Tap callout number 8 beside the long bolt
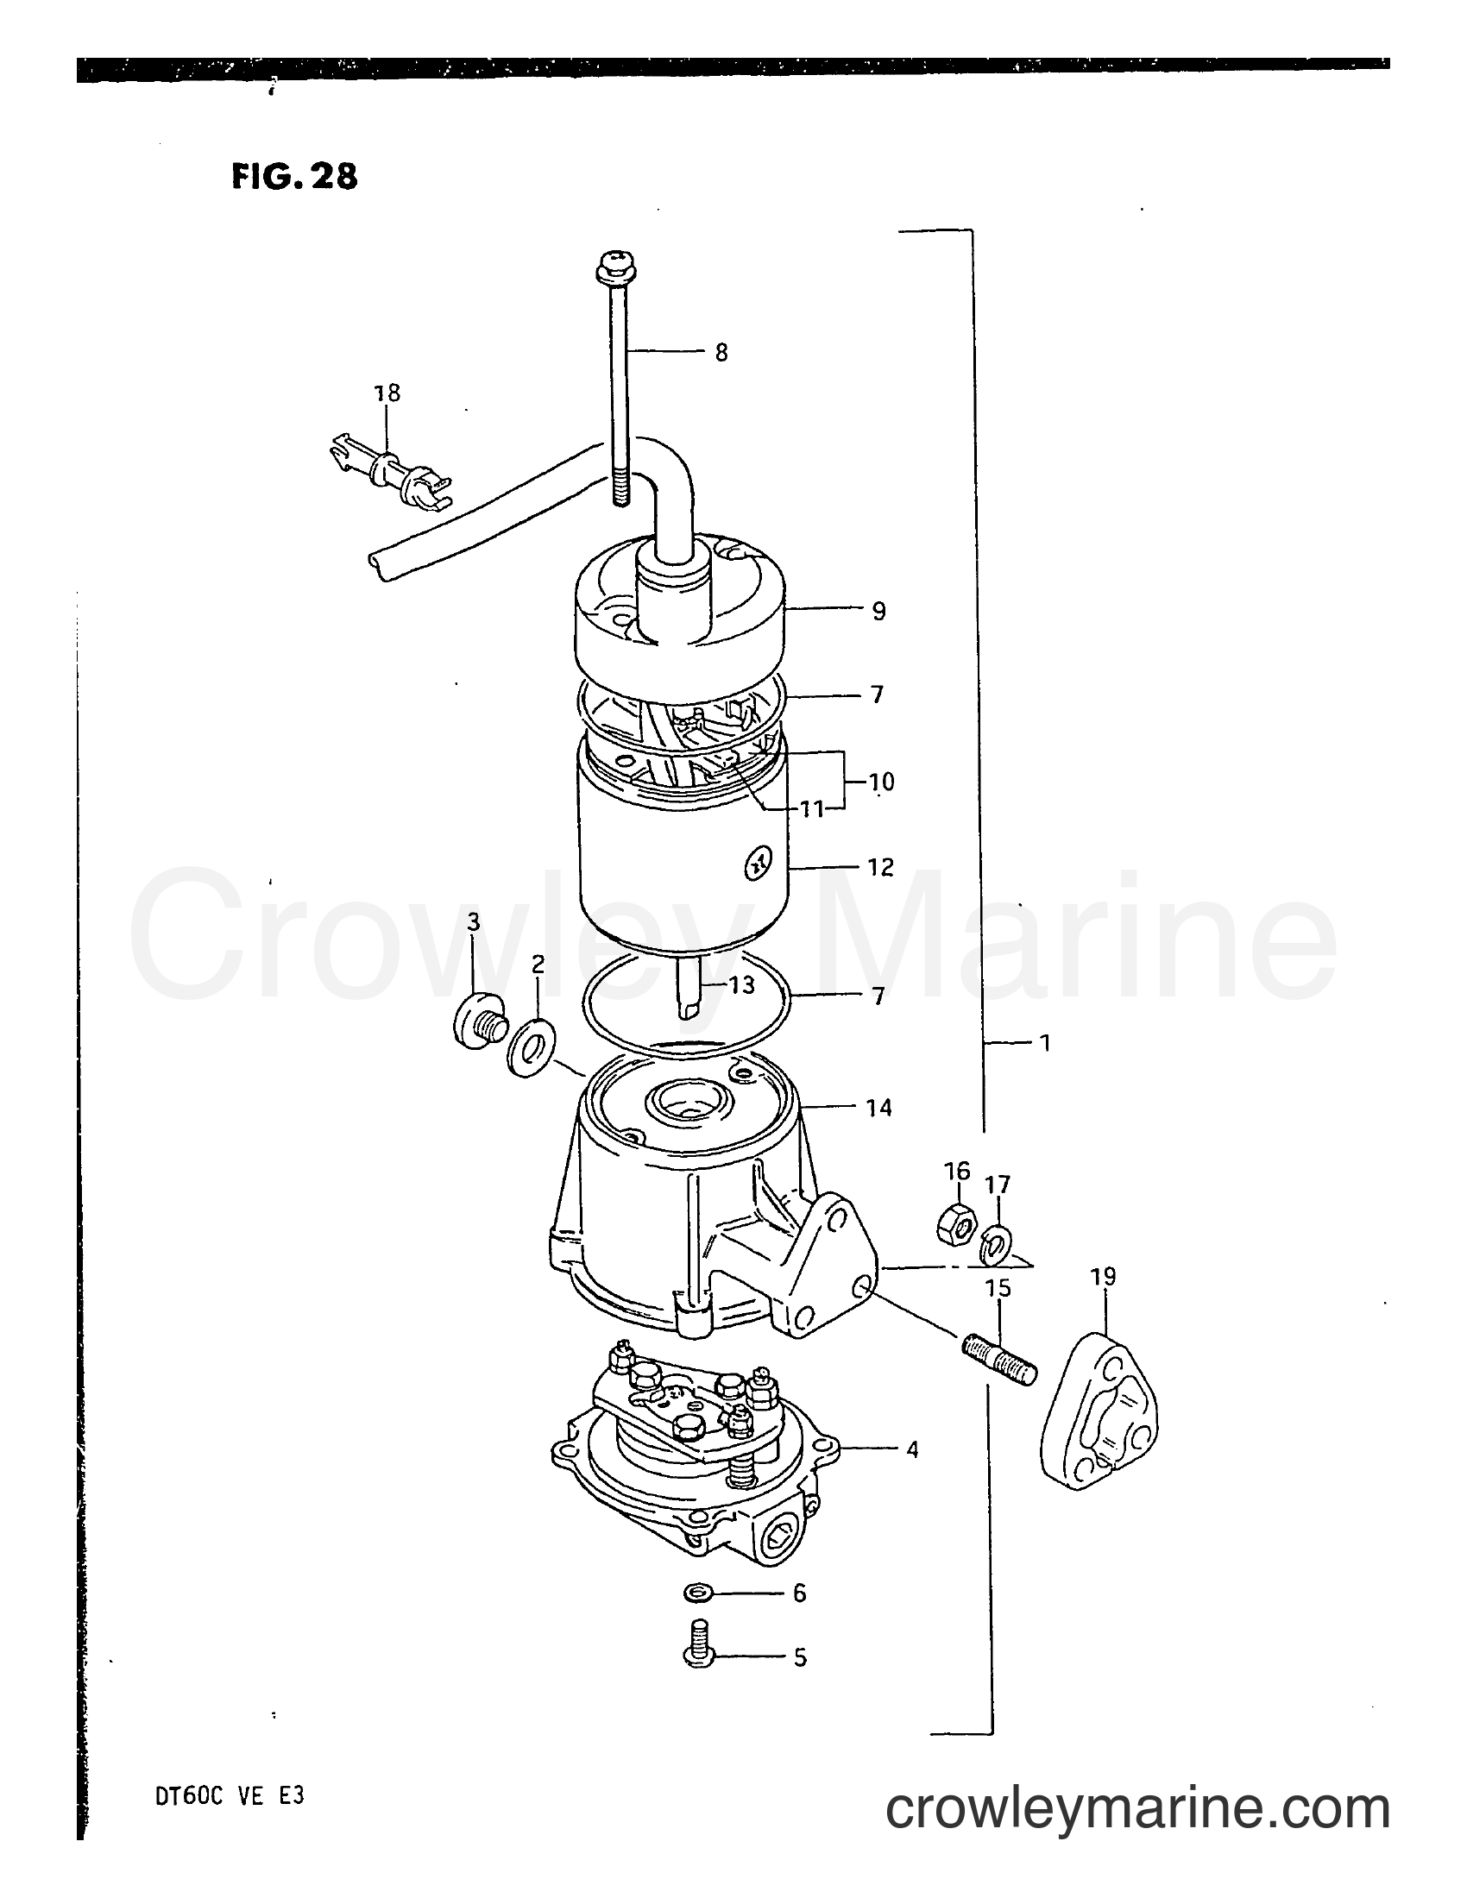(721, 353)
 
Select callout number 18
(387, 393)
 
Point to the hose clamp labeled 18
(387, 475)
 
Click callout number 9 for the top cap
(878, 612)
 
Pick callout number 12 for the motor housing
(880, 867)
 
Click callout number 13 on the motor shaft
(742, 985)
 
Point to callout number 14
(878, 1108)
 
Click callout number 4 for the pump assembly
(910, 1449)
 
